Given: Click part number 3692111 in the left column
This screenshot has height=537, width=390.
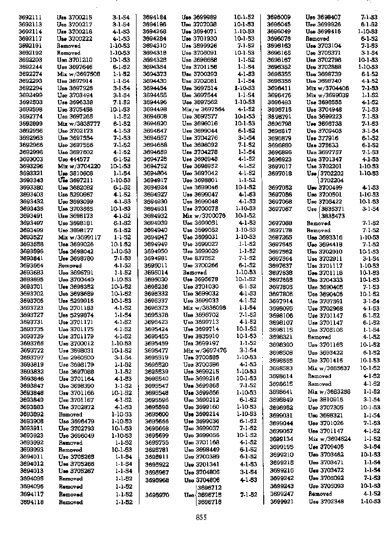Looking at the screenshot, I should click(30, 17).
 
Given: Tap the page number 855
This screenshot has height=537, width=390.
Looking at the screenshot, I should click(197, 517).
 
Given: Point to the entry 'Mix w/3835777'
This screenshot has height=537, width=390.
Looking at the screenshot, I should click(78, 124).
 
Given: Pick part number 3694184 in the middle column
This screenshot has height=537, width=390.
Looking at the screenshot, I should click(155, 17).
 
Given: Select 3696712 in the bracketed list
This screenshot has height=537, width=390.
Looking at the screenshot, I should click(209, 488).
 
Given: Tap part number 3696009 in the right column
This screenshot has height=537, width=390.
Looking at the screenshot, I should click(279, 17).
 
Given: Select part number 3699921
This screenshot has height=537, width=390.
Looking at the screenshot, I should click(282, 501).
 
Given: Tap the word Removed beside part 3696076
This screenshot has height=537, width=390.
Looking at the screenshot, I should click(317, 38).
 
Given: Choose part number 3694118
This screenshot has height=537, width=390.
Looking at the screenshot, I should click(32, 502).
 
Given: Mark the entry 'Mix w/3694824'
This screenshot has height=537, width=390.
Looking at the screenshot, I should click(330, 439).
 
